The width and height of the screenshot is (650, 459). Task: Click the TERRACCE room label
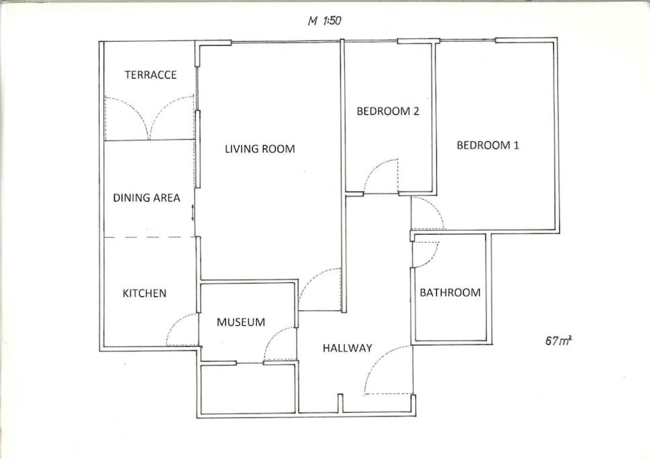151,75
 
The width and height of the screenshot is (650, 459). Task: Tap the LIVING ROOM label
260,149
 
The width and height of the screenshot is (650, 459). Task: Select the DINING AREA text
147,198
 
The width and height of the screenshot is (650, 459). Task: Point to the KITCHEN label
145,293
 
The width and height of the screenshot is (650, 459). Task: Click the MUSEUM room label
241,322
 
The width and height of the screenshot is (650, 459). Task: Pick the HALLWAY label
348,348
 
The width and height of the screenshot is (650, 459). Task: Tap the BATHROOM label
450,293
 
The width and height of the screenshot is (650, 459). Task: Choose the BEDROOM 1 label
488,145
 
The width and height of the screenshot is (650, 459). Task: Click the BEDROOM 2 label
388,111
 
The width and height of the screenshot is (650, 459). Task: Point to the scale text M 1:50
324,20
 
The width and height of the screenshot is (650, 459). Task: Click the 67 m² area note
559,341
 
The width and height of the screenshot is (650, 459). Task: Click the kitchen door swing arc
174,322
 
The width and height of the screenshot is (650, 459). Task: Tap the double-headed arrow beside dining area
193,213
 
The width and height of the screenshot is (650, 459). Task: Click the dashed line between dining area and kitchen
149,238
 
